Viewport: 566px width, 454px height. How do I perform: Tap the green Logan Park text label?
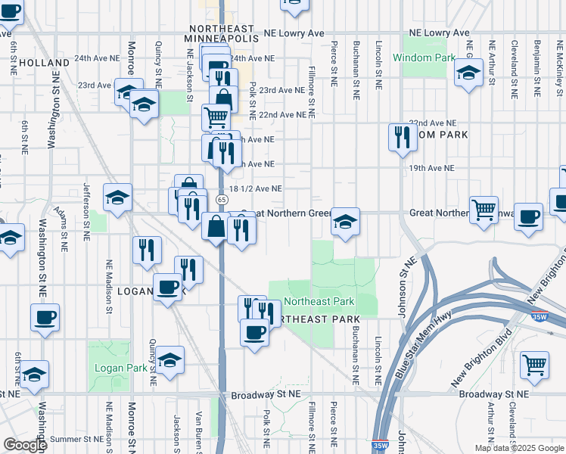click(114, 368)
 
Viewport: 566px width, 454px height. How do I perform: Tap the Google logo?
click(25, 445)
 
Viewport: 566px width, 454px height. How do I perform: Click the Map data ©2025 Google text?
click(519, 448)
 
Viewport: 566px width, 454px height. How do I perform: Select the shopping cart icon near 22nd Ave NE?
click(216, 117)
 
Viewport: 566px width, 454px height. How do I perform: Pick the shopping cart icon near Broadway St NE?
click(534, 365)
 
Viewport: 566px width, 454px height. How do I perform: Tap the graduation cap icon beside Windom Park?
click(469, 73)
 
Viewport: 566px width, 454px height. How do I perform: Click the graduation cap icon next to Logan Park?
click(170, 360)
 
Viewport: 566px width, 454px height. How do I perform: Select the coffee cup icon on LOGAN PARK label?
click(168, 288)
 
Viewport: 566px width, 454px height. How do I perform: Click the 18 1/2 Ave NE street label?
click(255, 188)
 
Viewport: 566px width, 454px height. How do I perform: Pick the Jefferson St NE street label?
click(86, 211)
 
